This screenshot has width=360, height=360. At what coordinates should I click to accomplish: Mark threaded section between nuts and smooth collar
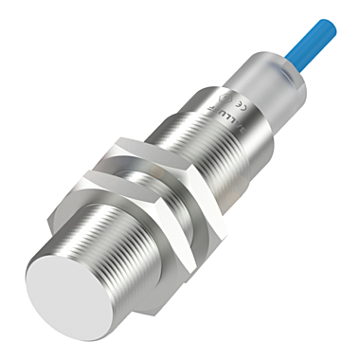[x=194, y=142]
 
